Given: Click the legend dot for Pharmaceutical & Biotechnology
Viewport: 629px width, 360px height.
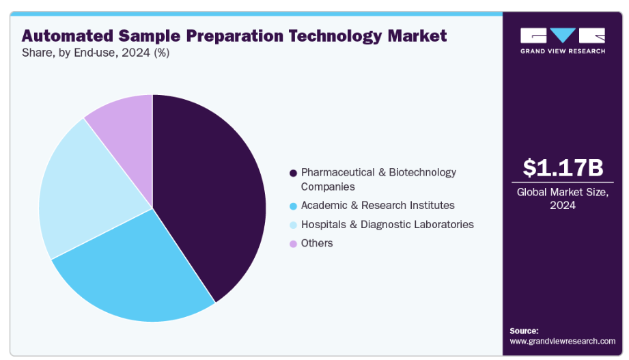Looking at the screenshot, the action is coord(293,173).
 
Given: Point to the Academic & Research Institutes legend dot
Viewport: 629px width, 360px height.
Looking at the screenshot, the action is coord(293,206).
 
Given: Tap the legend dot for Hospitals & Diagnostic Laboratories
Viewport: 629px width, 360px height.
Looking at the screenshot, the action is coord(293,225).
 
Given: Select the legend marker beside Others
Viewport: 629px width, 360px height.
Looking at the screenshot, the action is coord(293,244).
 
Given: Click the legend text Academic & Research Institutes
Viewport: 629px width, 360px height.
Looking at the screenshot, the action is coord(378,206).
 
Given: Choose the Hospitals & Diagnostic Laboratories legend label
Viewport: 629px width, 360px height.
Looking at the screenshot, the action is coord(387,224).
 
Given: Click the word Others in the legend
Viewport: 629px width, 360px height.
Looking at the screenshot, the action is coord(317,243).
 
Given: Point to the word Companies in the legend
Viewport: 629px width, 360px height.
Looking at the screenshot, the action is coord(328,187).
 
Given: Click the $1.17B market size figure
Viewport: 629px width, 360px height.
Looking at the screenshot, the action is coord(563,167).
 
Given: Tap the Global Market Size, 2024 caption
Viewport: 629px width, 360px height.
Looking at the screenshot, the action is coord(562,199).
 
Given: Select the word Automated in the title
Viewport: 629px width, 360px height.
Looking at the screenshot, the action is coord(68,36).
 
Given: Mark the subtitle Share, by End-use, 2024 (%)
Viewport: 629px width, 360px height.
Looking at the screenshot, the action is coord(96,53).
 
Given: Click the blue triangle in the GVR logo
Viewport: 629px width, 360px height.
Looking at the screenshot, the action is coord(563,35).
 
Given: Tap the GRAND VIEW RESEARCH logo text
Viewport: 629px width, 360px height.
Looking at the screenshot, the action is coord(563,51).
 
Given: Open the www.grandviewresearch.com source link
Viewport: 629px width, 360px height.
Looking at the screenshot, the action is coord(562,341).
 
